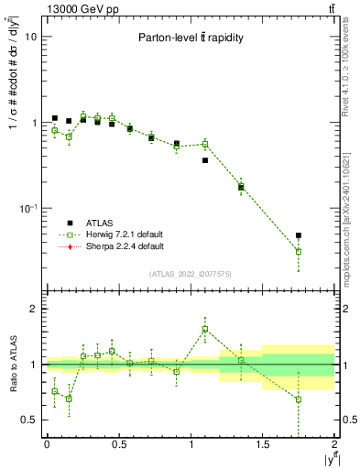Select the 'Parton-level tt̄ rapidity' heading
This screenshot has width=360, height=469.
point(191,38)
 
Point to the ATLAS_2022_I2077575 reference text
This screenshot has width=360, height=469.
point(191,273)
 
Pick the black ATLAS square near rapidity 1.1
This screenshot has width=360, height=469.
point(205,160)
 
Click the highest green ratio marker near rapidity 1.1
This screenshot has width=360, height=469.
point(205,329)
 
